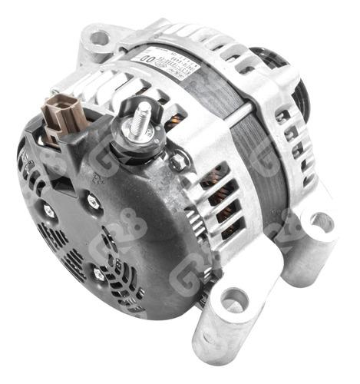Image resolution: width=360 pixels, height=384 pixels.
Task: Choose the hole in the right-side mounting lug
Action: [321, 223]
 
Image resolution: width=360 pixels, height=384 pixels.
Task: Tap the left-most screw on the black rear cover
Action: [48, 210]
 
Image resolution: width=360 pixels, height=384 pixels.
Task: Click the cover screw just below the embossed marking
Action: [94, 201]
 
